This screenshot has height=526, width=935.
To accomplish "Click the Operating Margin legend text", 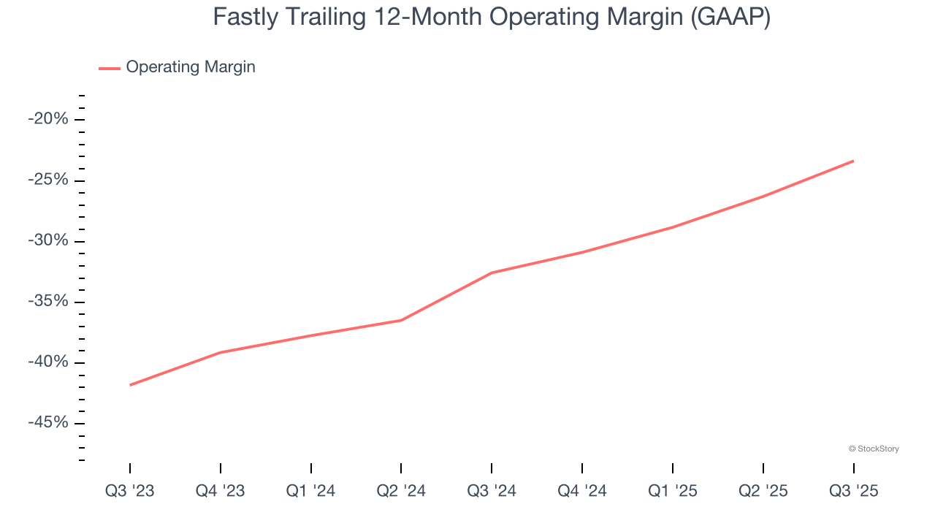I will [191, 67].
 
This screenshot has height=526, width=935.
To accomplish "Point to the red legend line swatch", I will [110, 68].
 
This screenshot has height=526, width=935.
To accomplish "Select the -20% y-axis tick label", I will [47, 120].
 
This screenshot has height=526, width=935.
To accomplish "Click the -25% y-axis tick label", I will [47, 180].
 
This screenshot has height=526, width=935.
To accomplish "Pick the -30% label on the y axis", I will [47, 241].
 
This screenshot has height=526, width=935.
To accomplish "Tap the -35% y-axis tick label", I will [47, 302].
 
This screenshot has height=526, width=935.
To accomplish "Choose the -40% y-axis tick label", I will [47, 362].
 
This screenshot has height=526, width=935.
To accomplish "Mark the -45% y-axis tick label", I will [47, 423].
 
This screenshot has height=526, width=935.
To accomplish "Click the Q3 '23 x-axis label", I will [130, 491].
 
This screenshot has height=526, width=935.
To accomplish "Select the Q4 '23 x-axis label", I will [221, 491].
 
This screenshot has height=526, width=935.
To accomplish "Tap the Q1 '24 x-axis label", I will [311, 491].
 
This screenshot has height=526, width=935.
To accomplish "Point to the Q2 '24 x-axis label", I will [401, 491].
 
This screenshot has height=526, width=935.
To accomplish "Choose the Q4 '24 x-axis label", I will [582, 491].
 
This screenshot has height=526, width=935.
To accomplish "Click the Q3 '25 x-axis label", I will [853, 491].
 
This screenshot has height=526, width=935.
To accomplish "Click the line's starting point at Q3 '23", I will [130, 385].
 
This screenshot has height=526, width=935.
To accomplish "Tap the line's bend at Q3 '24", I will [492, 272].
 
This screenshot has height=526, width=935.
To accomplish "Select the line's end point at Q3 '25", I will [853, 161].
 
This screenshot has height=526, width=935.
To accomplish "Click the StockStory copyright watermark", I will [874, 449].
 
